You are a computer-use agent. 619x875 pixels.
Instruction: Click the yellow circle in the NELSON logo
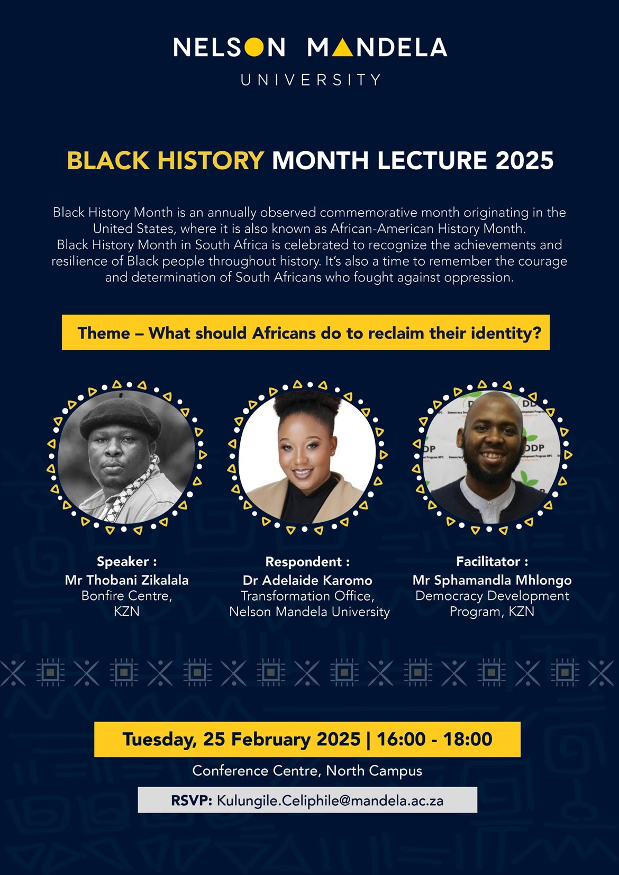(254, 47)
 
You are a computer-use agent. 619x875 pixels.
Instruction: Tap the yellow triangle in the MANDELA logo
(342, 48)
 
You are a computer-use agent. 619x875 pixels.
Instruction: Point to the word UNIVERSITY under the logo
(311, 80)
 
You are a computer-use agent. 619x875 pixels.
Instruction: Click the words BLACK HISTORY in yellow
(166, 160)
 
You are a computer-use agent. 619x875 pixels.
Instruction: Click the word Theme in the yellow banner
(104, 333)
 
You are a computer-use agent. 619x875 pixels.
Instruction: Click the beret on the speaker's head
(120, 417)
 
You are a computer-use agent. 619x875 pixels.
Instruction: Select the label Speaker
(123, 562)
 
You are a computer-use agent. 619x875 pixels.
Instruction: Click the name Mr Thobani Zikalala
(126, 580)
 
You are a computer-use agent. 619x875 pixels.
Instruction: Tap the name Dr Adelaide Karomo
(307, 580)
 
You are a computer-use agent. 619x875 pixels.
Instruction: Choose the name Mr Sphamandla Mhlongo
(492, 580)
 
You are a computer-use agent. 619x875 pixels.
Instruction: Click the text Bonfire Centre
(126, 596)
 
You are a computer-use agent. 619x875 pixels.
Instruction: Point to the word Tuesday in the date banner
(159, 740)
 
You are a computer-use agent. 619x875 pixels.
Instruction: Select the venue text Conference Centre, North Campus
(307, 771)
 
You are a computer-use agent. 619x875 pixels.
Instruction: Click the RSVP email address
(330, 801)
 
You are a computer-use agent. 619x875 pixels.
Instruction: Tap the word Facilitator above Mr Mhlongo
(488, 562)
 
